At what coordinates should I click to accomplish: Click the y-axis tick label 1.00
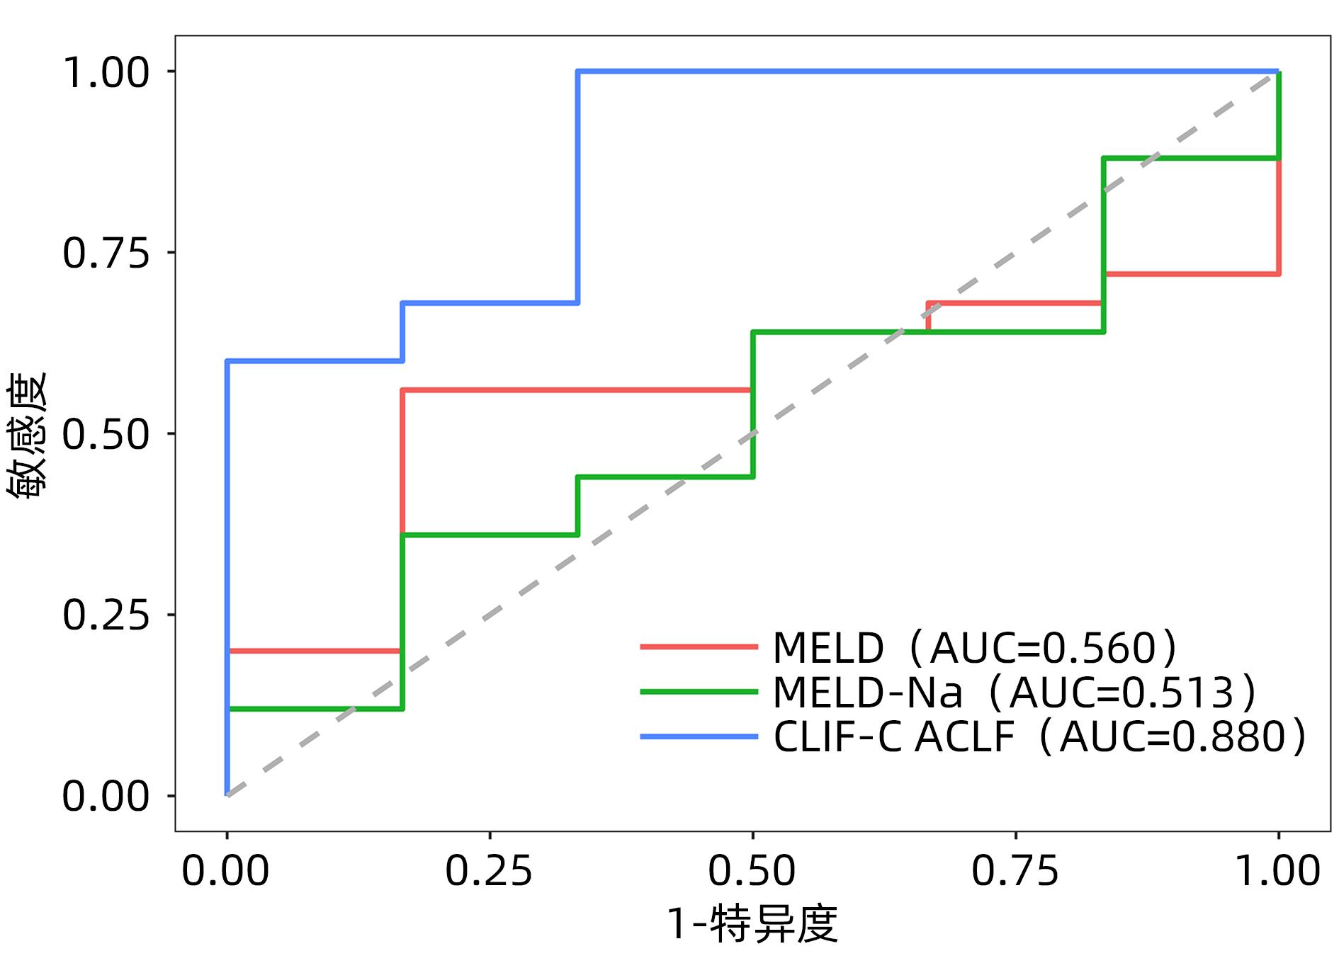coord(106,72)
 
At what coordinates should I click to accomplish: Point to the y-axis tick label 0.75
coord(106,253)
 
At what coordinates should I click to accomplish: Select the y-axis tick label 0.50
coord(106,434)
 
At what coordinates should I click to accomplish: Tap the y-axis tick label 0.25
coord(106,615)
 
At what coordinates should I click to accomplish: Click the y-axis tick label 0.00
coord(106,796)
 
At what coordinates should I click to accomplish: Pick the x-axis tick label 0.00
coord(226,870)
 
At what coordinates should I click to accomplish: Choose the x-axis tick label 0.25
coord(489,870)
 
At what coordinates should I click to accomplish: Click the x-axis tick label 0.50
coord(752,870)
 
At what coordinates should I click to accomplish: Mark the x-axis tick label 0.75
coord(1015,870)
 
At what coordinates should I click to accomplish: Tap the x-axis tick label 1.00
coord(1278,870)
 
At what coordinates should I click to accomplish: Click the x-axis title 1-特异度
coord(752,923)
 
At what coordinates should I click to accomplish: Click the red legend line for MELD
coord(699,647)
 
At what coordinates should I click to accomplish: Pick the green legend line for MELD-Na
coord(699,692)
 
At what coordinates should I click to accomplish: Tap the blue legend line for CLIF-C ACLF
coord(699,736)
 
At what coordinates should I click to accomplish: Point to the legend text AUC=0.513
coord(1122,693)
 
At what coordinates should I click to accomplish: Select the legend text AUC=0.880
coord(1173,737)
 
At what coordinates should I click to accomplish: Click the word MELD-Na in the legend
coord(867,693)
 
